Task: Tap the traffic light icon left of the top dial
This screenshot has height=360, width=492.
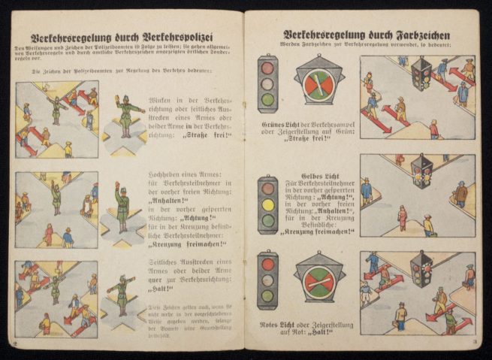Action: click(x=267, y=83)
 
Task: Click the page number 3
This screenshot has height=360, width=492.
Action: click(x=477, y=345)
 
